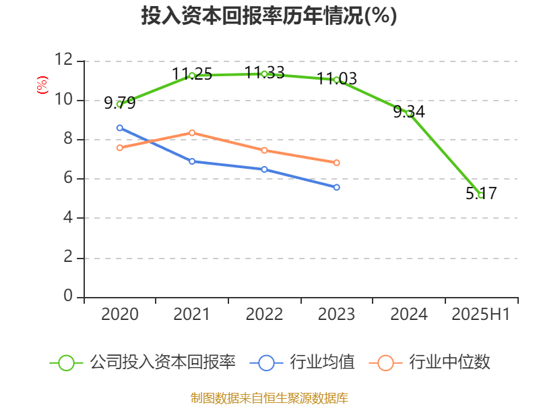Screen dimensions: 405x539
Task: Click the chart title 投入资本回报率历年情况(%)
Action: [269, 16]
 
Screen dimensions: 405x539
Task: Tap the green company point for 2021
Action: [192, 75]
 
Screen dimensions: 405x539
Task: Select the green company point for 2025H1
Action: [480, 195]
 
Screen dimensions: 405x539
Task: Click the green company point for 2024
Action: [408, 113]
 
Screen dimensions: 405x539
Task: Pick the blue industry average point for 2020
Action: [120, 128]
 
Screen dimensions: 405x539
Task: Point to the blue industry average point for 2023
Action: [336, 187]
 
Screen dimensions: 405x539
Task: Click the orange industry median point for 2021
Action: [192, 132]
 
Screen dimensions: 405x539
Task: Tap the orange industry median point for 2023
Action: [336, 163]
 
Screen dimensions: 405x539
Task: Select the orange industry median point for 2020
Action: [120, 147]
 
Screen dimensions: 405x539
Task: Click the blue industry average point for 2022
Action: [264, 169]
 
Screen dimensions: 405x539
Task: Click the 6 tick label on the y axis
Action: [67, 179]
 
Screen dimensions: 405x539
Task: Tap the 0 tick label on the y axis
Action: [67, 297]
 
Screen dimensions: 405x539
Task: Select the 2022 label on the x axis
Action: [264, 315]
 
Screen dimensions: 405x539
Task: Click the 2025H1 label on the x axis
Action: [480, 315]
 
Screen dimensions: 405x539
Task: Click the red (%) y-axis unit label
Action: [42, 85]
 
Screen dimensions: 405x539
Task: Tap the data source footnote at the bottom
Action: [269, 398]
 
